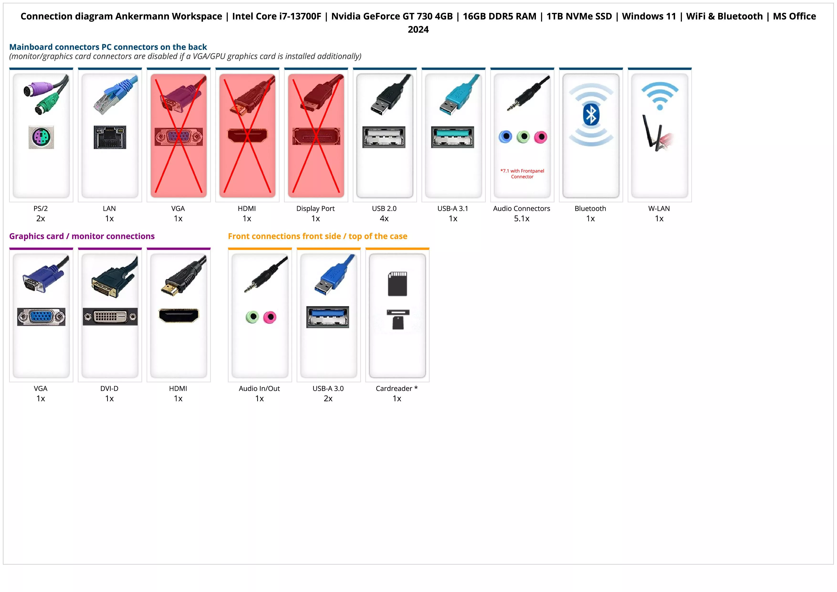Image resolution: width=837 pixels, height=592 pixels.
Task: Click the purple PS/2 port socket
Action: coord(41,137)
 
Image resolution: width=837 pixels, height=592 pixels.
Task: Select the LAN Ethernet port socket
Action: coord(110,137)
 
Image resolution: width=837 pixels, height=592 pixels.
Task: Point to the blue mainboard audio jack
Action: coord(506,137)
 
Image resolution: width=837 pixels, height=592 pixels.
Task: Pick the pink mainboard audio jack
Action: coord(541,137)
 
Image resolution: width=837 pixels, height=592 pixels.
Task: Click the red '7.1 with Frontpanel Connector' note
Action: coord(522,174)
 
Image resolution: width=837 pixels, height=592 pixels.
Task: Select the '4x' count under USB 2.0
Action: coord(384,219)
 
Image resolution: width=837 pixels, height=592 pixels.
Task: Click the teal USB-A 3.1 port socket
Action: coord(452,137)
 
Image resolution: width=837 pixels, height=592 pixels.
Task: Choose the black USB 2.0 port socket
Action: coord(384,137)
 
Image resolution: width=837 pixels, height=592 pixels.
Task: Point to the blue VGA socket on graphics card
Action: coord(41,317)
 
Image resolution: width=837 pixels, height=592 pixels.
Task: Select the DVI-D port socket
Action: coord(110,317)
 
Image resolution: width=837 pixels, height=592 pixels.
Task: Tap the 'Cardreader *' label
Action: coord(397,389)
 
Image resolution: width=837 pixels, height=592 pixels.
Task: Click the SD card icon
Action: coord(397,284)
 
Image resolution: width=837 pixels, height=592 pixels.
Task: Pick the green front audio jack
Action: coord(252,317)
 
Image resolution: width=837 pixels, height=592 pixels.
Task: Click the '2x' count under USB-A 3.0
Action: coord(328,399)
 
